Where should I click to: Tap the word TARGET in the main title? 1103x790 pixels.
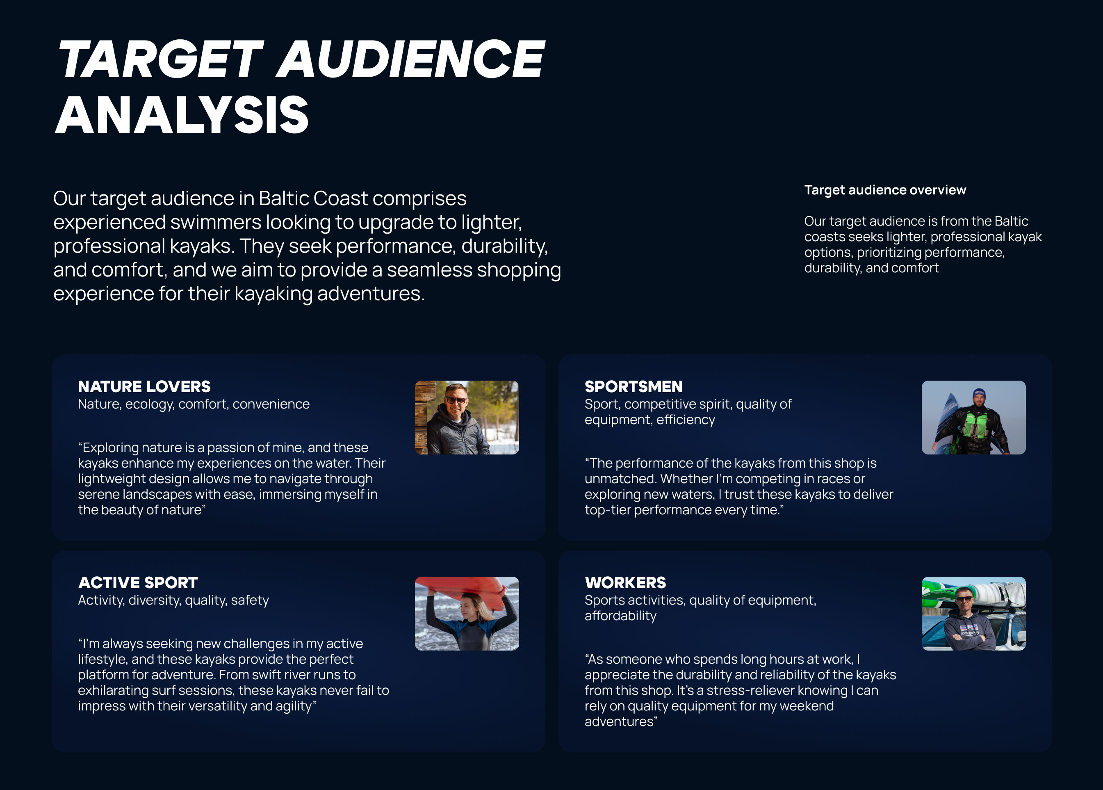(160, 59)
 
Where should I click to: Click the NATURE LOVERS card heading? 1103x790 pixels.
(144, 387)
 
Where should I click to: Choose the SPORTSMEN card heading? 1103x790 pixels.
(633, 387)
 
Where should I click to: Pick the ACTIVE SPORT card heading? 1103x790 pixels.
(138, 583)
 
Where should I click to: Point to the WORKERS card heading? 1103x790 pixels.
(625, 583)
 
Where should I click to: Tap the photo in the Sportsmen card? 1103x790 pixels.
(974, 418)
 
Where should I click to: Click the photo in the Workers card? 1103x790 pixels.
(974, 613)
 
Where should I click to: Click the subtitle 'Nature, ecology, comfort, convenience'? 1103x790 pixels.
(194, 404)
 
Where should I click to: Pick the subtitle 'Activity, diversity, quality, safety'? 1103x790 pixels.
(173, 600)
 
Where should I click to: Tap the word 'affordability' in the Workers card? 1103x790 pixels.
(620, 616)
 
